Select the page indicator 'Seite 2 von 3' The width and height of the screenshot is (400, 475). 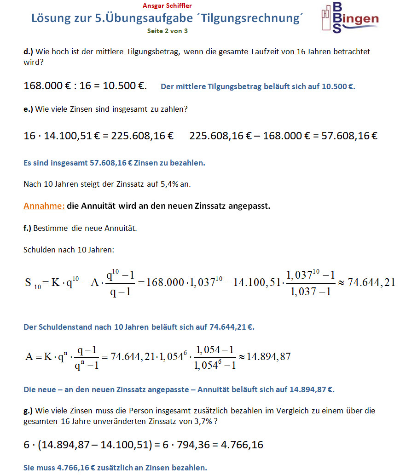point(167,31)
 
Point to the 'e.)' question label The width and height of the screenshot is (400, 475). point(28,109)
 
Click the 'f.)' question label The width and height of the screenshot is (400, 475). point(28,228)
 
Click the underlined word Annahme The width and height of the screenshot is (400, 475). point(44,206)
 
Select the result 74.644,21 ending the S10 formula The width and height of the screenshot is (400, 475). point(371,282)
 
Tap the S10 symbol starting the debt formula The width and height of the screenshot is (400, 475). point(33,283)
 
